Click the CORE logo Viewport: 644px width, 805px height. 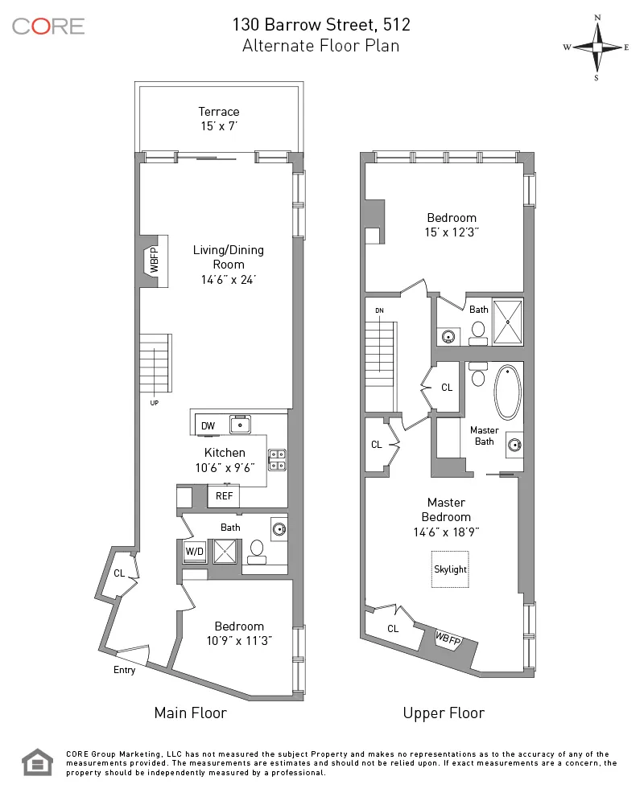tap(48, 26)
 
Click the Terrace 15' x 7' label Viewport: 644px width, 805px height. tap(219, 119)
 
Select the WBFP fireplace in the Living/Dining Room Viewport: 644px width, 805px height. tap(155, 261)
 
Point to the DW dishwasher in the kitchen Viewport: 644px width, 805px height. tap(208, 425)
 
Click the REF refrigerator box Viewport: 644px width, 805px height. tap(224, 497)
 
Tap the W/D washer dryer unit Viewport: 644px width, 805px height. tap(194, 552)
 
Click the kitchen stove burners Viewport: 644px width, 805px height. tap(277, 459)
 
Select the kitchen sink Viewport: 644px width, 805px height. tap(239, 424)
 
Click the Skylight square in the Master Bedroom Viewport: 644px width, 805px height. tap(450, 569)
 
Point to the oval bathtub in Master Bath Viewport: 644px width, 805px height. tap(507, 392)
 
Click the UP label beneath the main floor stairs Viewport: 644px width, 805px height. tap(154, 402)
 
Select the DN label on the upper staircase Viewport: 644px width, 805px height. tap(379, 310)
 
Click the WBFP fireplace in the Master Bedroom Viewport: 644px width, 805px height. tap(448, 638)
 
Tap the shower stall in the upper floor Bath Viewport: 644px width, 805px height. tap(507, 322)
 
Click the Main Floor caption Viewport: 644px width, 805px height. tap(190, 713)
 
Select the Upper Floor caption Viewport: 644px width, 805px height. tap(444, 713)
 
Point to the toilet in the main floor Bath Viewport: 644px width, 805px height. tap(258, 548)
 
